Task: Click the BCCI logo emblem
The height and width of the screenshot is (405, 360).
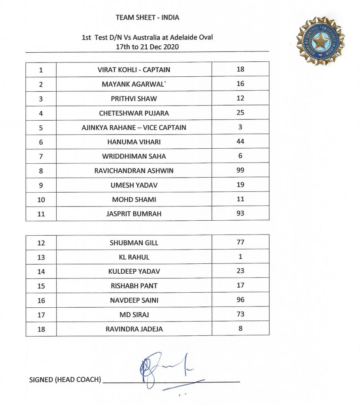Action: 320,41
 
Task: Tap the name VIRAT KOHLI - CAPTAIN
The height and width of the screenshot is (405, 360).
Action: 134,70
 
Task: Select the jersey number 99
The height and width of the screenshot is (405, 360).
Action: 240,170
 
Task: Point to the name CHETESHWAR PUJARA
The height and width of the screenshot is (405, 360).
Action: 134,113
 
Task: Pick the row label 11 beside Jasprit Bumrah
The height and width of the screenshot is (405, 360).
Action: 41,214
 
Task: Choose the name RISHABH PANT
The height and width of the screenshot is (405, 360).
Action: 134,286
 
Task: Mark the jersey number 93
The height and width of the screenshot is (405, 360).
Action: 240,213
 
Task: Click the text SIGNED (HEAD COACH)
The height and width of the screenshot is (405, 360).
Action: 64,380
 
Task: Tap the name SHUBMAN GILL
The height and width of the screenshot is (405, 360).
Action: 134,243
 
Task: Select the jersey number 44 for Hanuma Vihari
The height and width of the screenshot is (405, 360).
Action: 240,141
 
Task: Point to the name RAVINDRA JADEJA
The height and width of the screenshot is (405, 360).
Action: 134,329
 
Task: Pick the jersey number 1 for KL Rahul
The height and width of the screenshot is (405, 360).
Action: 240,256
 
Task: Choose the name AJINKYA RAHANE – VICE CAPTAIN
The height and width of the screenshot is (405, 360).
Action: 134,127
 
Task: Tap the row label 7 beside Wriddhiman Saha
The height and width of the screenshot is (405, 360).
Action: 41,156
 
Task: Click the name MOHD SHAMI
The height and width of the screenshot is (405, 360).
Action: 134,200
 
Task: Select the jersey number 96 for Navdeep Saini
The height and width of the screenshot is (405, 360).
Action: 240,299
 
